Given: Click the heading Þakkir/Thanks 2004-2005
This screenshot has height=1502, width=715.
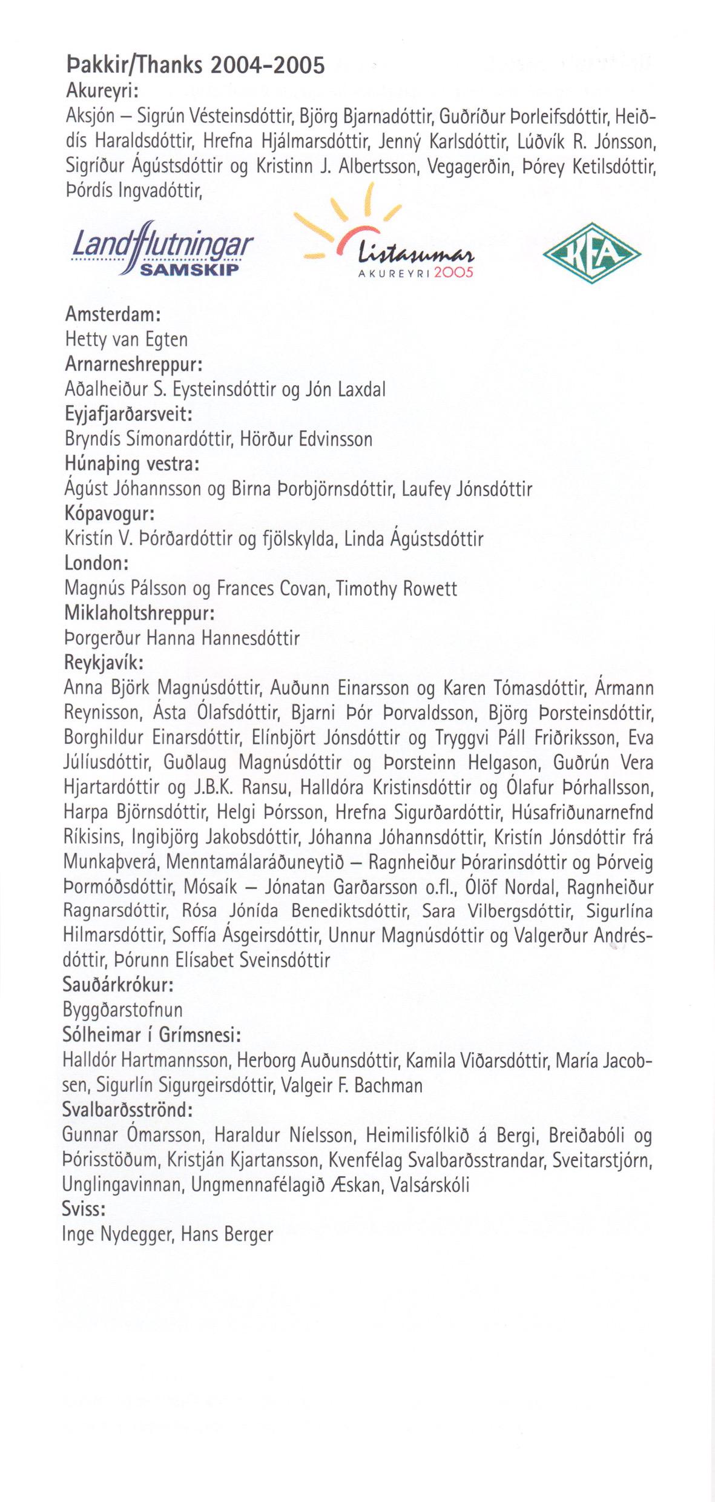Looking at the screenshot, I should coord(194,65).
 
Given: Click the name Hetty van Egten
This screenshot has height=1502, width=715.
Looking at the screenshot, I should coord(126,340).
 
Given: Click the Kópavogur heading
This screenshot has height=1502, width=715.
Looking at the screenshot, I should coord(109,514).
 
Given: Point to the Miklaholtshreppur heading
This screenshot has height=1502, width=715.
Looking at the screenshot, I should coord(139,613).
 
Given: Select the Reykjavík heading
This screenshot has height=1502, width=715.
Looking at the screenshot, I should coord(103,663).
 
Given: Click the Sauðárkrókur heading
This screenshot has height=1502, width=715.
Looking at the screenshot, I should coord(118,985).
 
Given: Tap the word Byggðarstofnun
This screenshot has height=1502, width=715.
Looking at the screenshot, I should coord(122,1010).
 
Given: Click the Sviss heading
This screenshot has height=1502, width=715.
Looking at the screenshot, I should coord(84,1209).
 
